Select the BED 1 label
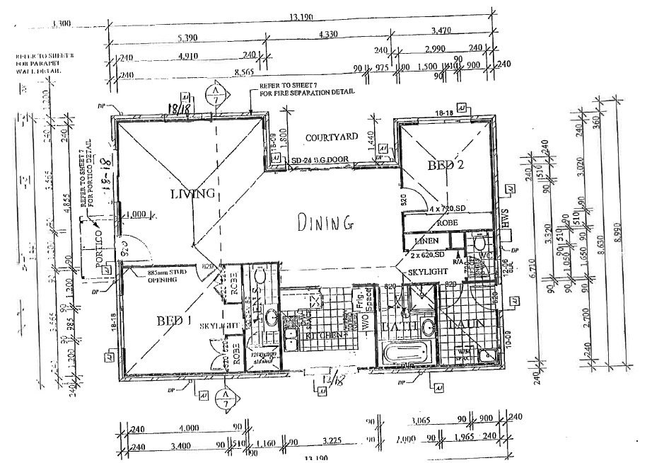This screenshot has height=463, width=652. [173, 320]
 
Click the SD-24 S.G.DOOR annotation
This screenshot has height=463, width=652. [321, 161]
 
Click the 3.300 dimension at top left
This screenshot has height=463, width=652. [62, 24]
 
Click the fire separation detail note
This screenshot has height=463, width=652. [306, 89]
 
